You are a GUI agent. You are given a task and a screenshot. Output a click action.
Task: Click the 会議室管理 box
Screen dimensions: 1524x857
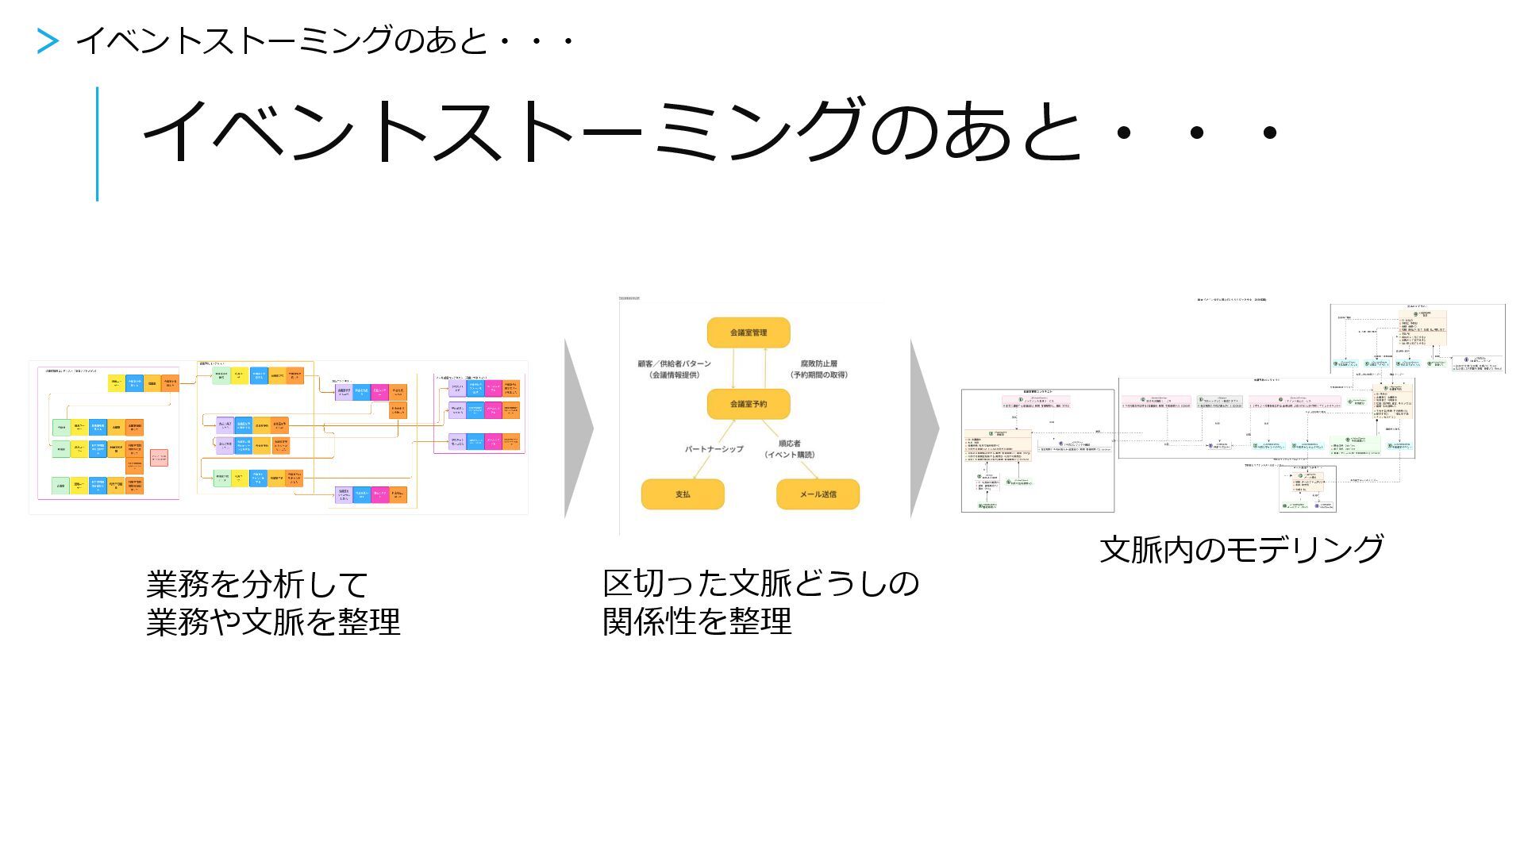pos(748,332)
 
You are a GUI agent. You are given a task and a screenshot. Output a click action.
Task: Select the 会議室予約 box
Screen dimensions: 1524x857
pos(748,404)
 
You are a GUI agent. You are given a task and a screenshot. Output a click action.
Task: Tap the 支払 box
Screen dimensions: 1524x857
pos(683,494)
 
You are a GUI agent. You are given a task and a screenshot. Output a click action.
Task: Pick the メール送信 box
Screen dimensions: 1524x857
pos(818,494)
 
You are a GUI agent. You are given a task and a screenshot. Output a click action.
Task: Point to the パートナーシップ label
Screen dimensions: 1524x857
pos(714,449)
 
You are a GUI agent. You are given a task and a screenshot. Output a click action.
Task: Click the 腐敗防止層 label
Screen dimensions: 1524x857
pos(818,364)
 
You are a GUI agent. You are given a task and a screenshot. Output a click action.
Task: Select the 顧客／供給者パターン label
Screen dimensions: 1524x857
pos(675,364)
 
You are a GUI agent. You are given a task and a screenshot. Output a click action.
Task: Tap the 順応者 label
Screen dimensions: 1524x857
pos(789,444)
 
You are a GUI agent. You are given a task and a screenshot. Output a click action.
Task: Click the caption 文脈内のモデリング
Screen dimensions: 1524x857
pos(1241,549)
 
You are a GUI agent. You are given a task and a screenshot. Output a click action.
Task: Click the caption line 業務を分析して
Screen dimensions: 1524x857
pos(256,585)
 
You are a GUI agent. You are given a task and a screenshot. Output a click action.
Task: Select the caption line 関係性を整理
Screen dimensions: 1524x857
pos(697,621)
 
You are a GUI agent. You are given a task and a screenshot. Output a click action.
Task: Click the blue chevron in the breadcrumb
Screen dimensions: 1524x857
pos(48,41)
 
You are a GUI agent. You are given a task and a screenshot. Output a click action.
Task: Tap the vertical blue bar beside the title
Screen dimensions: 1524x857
pos(98,144)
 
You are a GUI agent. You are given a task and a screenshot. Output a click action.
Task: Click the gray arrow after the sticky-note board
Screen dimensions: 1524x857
pos(578,428)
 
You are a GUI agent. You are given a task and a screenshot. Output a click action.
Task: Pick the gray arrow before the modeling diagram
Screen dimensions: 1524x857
pos(924,428)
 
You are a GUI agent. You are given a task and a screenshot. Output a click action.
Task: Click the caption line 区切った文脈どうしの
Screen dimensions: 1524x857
pos(760,584)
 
